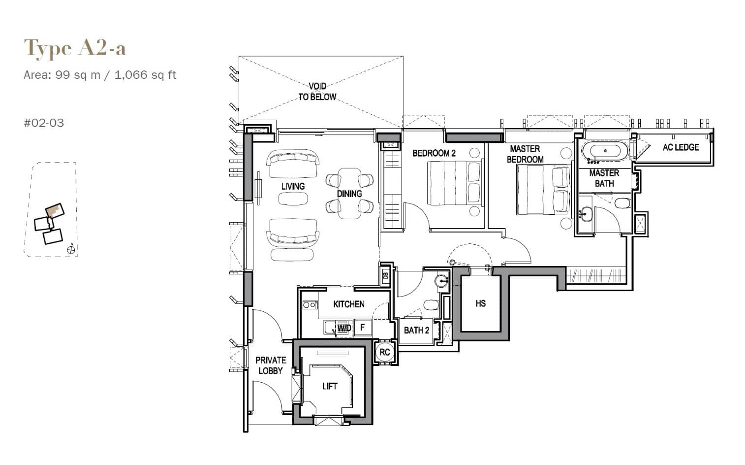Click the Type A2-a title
click(x=75, y=49)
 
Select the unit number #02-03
click(x=44, y=123)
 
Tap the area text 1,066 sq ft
click(x=145, y=75)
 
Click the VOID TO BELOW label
click(x=317, y=92)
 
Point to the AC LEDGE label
click(x=680, y=147)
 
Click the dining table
click(x=349, y=194)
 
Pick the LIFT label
click(x=330, y=386)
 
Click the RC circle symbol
click(x=384, y=352)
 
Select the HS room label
click(x=480, y=303)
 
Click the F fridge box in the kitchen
click(x=363, y=327)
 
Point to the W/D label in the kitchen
click(x=344, y=328)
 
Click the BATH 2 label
click(x=416, y=330)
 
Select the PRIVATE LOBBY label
click(x=270, y=365)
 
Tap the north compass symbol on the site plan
click(x=71, y=250)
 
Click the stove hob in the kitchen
click(x=310, y=305)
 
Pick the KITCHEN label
click(x=349, y=304)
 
